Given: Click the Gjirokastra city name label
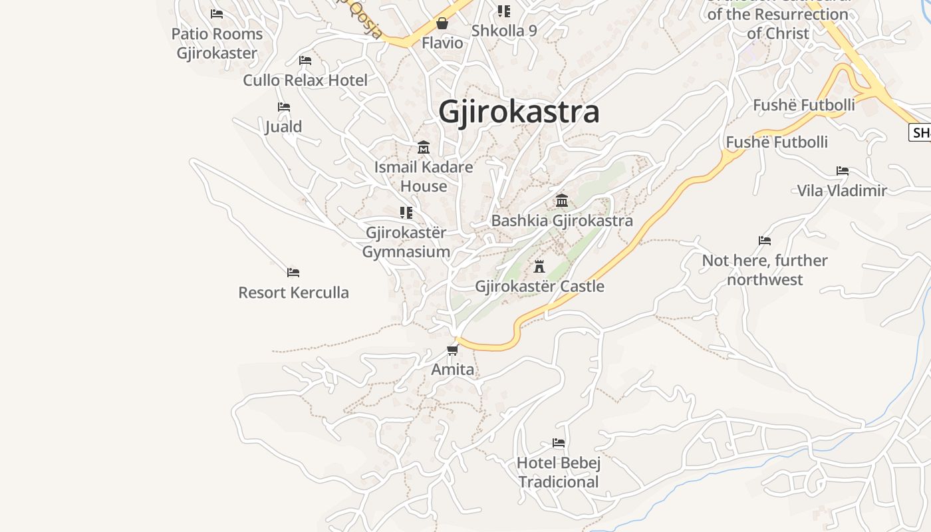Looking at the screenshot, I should (x=519, y=112).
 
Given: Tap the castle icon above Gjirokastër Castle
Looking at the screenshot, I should (x=539, y=267).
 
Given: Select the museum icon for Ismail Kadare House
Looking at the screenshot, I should (x=424, y=147).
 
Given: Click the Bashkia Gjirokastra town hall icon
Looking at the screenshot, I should (x=562, y=200).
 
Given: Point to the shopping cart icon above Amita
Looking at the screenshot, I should (x=453, y=350).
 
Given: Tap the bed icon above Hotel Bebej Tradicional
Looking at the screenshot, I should (x=559, y=443).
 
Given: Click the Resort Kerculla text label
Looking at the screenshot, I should (x=293, y=293).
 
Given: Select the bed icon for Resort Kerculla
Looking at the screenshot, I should (x=293, y=273).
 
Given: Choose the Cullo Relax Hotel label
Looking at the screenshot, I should (x=305, y=80).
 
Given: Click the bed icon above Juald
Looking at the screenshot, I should (x=284, y=107).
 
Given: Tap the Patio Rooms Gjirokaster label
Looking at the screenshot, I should (x=217, y=43).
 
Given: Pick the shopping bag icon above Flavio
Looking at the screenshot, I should (x=442, y=24).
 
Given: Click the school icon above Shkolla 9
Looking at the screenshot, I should (x=504, y=11).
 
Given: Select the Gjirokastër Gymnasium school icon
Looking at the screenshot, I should (x=406, y=213).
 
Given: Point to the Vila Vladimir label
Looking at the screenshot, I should (x=842, y=191).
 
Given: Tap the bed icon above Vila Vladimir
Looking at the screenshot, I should (x=843, y=171).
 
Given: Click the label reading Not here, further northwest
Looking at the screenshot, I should (x=765, y=269).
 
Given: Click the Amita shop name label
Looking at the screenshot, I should (x=453, y=370).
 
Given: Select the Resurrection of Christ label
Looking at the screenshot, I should (x=777, y=23).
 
